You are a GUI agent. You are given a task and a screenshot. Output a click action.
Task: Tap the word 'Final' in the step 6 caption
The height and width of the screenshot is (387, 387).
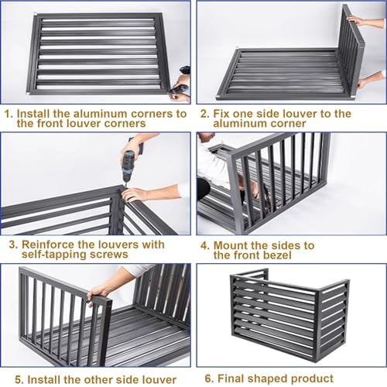pos(235,378)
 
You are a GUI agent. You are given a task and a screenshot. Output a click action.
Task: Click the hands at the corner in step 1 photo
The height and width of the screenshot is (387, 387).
pos(180,87)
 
